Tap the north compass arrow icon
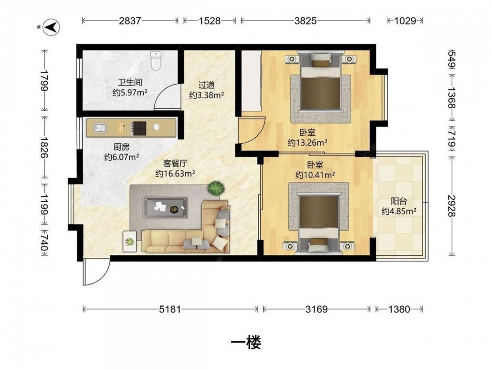(x=51, y=27)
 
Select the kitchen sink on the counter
(x=100, y=128)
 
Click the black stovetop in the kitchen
(x=139, y=128)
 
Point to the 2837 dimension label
(x=130, y=21)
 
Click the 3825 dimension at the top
(x=306, y=21)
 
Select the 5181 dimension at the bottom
(x=170, y=309)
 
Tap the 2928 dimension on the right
(x=451, y=206)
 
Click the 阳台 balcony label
(x=399, y=201)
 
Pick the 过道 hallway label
(x=207, y=85)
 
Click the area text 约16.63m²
(x=176, y=174)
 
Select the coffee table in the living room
(x=165, y=208)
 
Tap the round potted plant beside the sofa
(x=216, y=189)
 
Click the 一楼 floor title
(x=246, y=342)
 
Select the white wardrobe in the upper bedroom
(x=251, y=81)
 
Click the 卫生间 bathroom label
(x=130, y=83)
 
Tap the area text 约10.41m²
(x=315, y=175)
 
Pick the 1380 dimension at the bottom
(x=399, y=309)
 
